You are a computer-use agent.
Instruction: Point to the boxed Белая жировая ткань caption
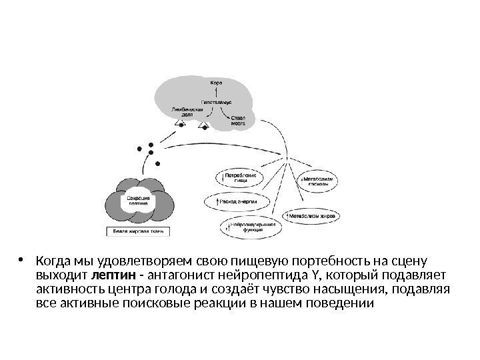click(x=139, y=232)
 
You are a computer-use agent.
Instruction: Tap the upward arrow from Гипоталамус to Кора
click(x=217, y=93)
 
